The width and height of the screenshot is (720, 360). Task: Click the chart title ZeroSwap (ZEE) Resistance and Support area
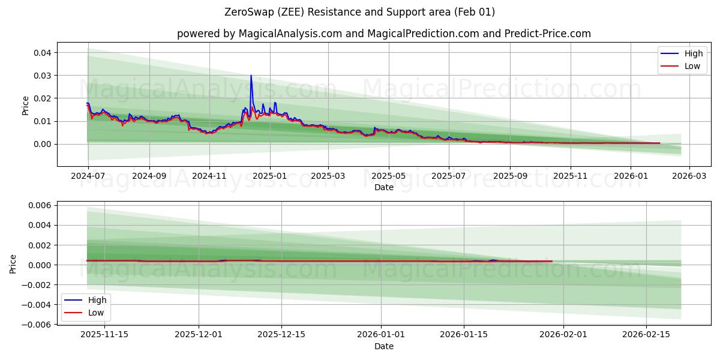[359, 12]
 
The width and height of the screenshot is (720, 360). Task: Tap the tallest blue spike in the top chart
[251, 76]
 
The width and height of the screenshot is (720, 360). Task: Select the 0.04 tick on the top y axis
[42, 53]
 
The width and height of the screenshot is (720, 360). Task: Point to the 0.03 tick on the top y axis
[42, 76]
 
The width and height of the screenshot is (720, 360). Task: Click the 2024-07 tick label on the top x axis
[88, 176]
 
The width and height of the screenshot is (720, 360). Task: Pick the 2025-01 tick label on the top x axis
[269, 176]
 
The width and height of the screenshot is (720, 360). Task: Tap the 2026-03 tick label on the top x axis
[689, 176]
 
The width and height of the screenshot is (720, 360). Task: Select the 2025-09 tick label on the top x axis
[510, 176]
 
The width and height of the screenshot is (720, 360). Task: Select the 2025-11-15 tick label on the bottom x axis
[104, 335]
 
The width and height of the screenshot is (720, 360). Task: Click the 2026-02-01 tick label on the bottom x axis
[563, 335]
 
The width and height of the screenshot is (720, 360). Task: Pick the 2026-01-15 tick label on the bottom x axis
[463, 335]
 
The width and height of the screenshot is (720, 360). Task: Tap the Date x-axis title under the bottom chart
[384, 346]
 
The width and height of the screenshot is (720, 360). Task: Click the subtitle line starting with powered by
[384, 34]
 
